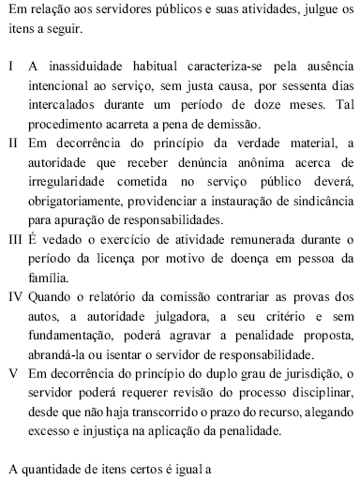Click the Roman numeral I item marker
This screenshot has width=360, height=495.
point(10,70)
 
